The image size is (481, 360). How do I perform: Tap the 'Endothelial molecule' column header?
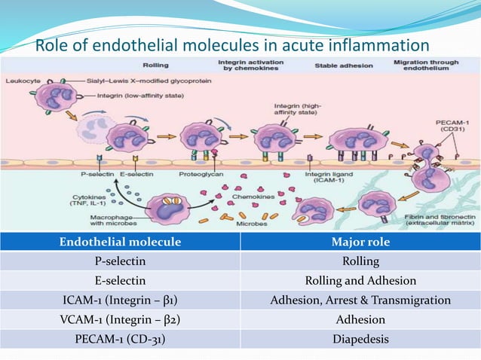[x=121, y=242]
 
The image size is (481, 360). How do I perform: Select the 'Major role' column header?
[x=360, y=242]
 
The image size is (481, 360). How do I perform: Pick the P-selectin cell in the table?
[x=121, y=261]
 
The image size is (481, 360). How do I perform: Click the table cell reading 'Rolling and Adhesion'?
[x=360, y=281]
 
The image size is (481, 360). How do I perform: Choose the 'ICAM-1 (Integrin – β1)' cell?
[x=121, y=301]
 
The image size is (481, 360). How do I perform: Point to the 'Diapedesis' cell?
[x=360, y=340]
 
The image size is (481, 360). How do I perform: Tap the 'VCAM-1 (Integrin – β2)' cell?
[x=121, y=320]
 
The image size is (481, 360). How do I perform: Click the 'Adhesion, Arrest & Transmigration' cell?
[x=360, y=301]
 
